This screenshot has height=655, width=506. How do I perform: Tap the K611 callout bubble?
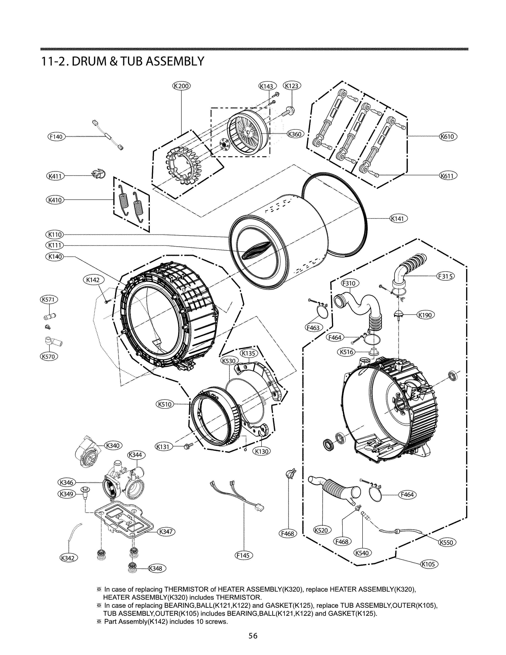coord(448,175)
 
